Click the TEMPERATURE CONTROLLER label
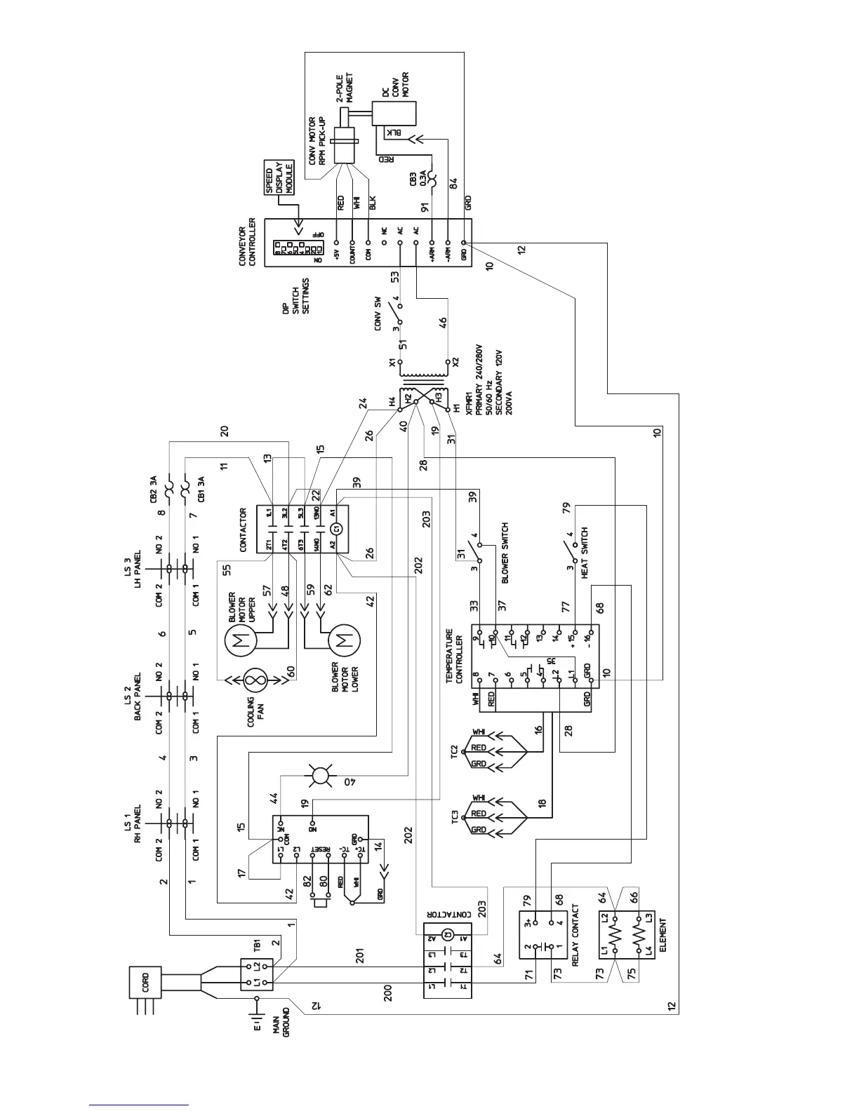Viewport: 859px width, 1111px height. (x=455, y=657)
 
